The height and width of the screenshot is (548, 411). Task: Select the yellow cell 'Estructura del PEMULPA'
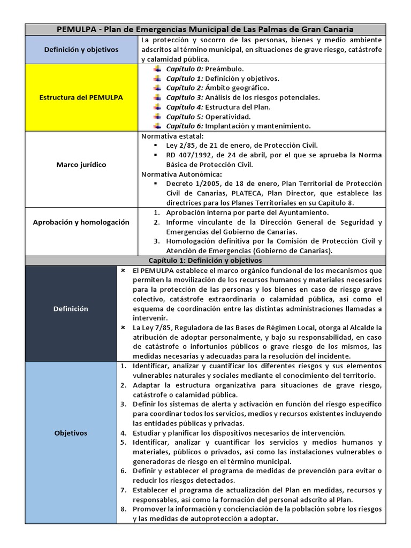pos(81,97)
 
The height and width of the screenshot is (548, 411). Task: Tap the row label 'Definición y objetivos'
pos(81,50)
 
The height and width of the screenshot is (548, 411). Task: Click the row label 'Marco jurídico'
pos(81,165)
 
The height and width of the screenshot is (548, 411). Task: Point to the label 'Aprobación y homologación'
pos(81,222)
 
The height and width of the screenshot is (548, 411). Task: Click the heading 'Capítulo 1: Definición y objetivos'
pos(205,261)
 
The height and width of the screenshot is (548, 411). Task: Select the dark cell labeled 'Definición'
pos(71,309)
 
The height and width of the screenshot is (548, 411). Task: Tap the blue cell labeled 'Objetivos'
pos(71,433)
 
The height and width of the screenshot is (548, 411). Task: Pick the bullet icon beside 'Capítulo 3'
pos(157,97)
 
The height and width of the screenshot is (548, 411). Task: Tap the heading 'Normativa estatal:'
pos(168,136)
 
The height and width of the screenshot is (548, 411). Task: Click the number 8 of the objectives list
pos(122,509)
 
